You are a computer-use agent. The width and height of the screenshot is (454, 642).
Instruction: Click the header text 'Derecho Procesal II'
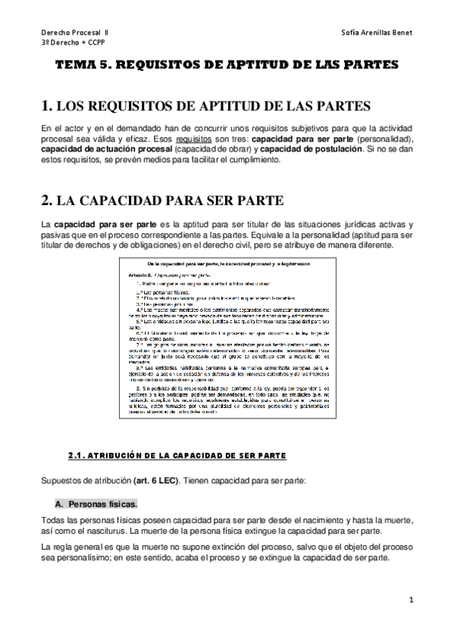coord(75,33)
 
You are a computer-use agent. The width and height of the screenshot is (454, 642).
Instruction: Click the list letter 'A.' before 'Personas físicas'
coord(60,503)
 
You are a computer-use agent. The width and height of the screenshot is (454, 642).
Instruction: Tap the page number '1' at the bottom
coord(410,600)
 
